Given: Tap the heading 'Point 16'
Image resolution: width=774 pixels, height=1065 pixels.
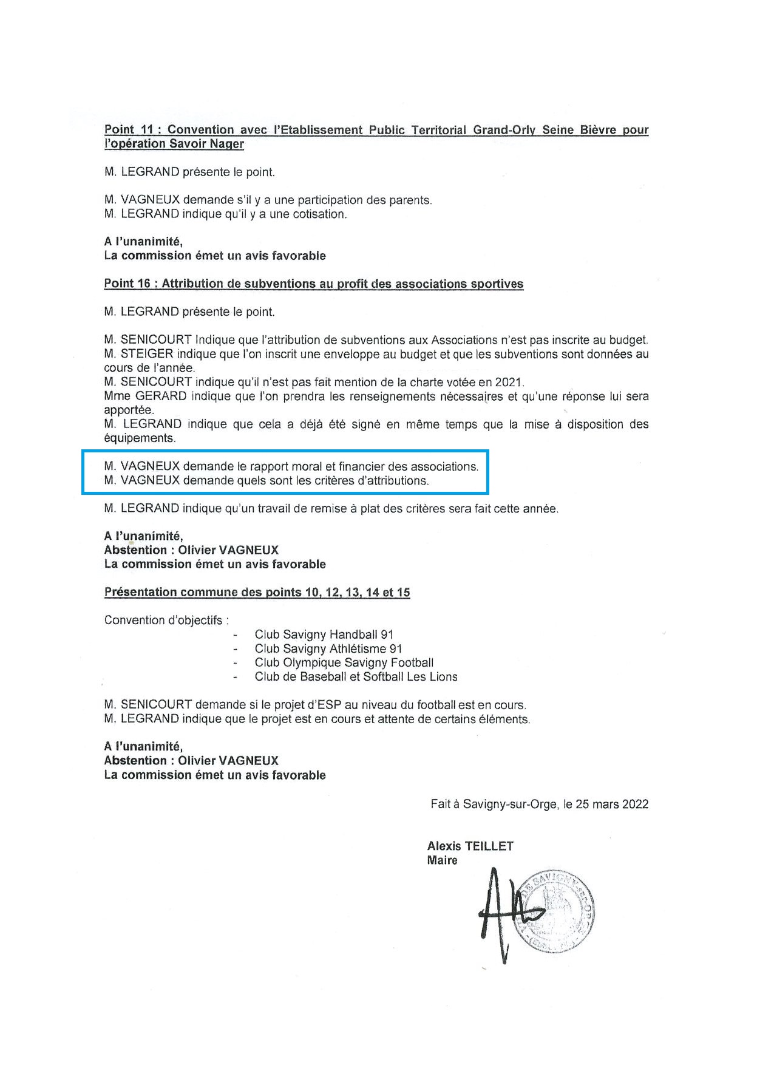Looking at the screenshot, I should coord(128,284).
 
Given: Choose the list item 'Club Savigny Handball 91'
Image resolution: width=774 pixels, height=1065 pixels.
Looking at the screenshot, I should coord(324,635).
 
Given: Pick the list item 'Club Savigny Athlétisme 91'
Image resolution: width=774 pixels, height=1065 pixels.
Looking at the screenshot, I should coord(328,648).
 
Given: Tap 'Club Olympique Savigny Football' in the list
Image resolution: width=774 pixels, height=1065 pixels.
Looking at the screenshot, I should coord(344,662).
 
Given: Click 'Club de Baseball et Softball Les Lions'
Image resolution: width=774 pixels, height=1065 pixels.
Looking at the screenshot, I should coord(356,676).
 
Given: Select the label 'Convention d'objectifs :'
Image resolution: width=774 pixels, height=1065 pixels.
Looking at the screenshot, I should coord(167,620).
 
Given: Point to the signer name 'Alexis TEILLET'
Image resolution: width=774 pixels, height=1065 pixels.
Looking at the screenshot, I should coord(470,846).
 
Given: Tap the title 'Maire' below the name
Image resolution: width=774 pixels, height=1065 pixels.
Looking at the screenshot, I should coord(442,860).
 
